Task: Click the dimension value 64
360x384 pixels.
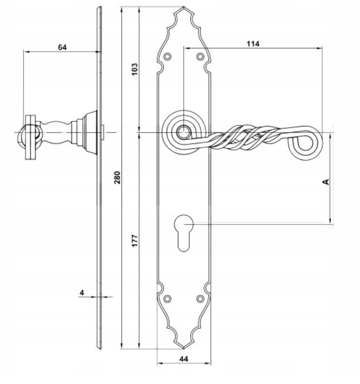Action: point(62,47)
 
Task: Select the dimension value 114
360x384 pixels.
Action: point(253,44)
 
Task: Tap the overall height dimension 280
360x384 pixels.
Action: point(118,178)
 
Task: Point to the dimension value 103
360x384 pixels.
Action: point(135,69)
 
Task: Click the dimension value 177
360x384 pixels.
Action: point(135,241)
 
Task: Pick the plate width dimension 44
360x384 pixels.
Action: point(184,359)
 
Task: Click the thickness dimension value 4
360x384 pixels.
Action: point(82,293)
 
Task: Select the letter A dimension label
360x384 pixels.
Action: point(326,182)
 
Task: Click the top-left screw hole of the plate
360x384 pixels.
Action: point(168,57)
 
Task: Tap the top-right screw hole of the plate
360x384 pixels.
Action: point(200,57)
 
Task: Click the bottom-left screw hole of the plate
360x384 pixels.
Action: point(168,299)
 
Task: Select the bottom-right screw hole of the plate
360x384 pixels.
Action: point(200,299)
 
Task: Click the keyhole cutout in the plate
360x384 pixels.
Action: point(184,233)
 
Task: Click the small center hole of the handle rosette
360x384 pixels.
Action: point(183,133)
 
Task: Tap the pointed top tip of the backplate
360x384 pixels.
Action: point(184,7)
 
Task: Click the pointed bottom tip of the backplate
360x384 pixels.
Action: point(184,348)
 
